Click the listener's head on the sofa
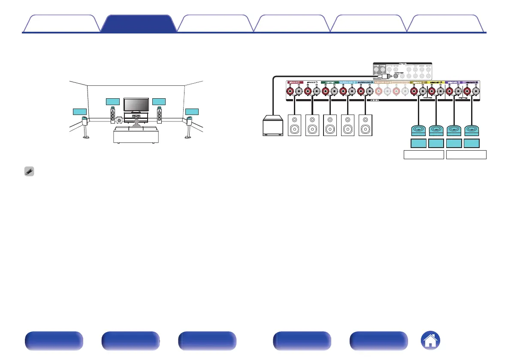136,122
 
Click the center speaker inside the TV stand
136,116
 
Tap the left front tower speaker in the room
113,114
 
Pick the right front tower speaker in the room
160,114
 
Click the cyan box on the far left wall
80,112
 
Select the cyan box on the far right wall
192,112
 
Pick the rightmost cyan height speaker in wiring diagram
472,130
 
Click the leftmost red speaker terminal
291,91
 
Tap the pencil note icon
28,170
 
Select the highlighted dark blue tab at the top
139,23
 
